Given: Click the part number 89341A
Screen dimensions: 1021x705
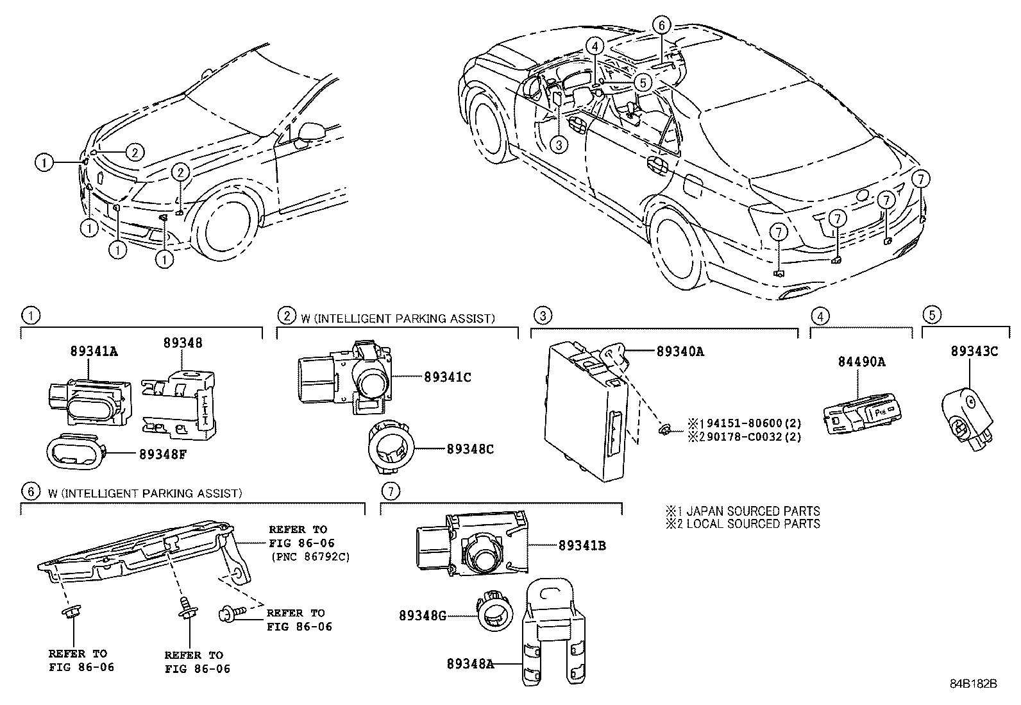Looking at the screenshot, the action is [x=94, y=351].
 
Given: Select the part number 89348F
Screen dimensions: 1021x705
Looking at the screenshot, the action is [x=163, y=454].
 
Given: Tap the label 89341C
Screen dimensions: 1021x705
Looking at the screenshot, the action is [x=448, y=377].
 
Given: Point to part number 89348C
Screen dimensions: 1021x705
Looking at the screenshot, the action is [x=470, y=449].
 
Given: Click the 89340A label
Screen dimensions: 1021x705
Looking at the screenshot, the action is [x=680, y=351].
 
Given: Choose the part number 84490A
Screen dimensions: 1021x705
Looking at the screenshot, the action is [x=862, y=362].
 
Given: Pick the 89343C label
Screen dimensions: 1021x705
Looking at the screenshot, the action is [x=975, y=351].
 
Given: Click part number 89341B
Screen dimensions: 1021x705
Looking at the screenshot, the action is [x=582, y=545].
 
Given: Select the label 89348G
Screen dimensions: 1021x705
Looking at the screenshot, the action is [x=423, y=616].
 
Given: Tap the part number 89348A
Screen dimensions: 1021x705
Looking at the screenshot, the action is [x=470, y=664].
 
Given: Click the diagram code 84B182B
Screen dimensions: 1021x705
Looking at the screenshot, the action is [x=974, y=684].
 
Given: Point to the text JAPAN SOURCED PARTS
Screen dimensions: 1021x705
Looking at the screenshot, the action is [x=753, y=511].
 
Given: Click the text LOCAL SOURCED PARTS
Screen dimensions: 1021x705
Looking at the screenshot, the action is [x=753, y=523].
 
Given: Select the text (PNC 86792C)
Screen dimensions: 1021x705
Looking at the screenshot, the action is [x=310, y=557].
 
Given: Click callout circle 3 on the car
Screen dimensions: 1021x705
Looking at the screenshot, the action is [x=559, y=145].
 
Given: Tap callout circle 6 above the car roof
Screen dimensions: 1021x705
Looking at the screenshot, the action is [x=662, y=25].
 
